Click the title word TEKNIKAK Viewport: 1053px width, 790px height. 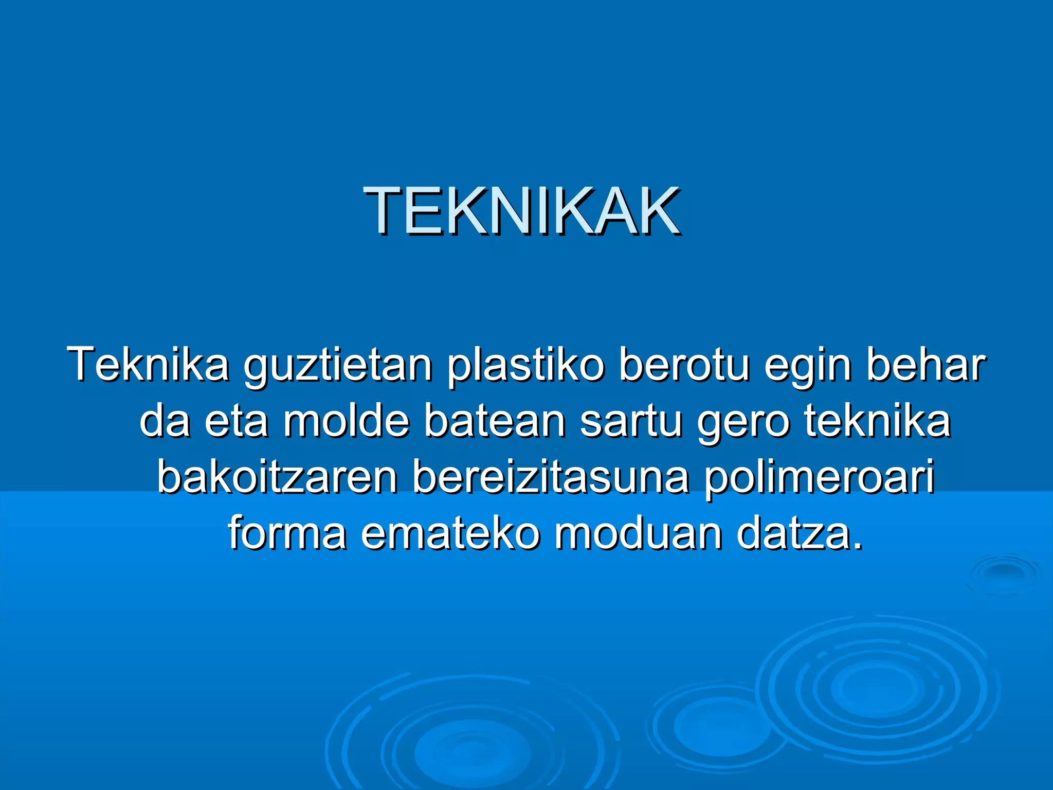coord(521,211)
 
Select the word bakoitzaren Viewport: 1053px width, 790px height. coord(277,477)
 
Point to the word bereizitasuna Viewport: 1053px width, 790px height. coord(551,477)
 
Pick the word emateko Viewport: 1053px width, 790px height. coord(450,533)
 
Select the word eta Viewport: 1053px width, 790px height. coord(236,421)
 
